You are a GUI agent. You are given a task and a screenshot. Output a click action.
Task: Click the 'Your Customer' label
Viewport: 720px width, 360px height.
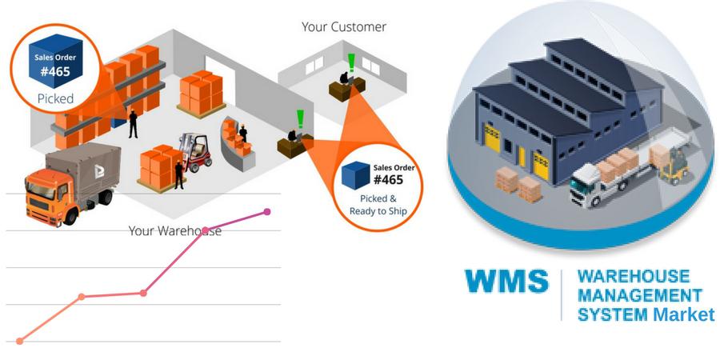(x=344, y=27)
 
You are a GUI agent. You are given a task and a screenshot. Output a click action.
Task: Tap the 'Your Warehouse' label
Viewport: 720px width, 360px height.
(x=174, y=230)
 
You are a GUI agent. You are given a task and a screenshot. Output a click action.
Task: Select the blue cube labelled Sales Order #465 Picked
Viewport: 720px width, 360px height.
(x=55, y=61)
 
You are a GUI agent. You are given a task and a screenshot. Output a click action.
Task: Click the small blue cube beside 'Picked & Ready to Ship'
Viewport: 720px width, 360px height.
(x=356, y=175)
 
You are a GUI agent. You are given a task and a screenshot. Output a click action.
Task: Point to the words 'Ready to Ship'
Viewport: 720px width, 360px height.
(x=378, y=211)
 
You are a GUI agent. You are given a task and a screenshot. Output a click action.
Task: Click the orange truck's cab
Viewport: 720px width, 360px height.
(x=47, y=196)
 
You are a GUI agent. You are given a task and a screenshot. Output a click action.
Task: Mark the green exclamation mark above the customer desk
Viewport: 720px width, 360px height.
(x=352, y=62)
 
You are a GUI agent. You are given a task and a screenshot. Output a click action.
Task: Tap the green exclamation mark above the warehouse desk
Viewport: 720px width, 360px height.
(x=300, y=118)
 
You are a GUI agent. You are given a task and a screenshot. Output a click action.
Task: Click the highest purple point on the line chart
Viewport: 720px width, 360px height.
(x=266, y=212)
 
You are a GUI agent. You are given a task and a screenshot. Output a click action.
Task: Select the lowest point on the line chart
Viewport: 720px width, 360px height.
(x=20, y=341)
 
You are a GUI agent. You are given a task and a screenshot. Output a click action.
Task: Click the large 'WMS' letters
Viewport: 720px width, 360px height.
(x=506, y=281)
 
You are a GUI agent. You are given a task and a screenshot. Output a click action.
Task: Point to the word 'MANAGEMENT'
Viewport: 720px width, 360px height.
(x=640, y=295)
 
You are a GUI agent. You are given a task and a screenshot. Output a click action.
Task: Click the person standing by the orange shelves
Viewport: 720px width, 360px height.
(x=133, y=124)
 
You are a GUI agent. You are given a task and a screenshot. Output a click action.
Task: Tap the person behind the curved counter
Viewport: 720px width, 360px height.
(x=243, y=133)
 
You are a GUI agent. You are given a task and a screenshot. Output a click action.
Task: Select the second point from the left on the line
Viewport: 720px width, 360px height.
(x=82, y=297)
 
